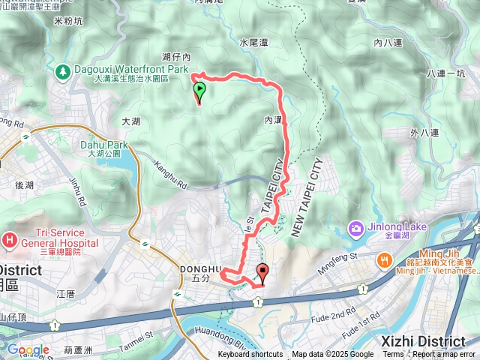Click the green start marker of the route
point(199,91)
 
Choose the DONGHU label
point(201,268)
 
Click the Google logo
point(28,349)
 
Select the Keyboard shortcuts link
point(250,355)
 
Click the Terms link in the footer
point(393,355)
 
